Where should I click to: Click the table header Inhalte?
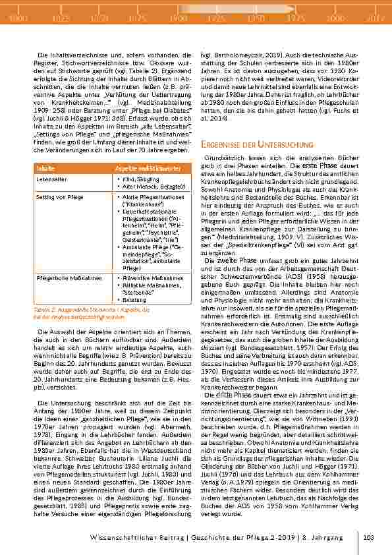click(45, 169)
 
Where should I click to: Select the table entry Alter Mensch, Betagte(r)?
click(151, 185)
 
